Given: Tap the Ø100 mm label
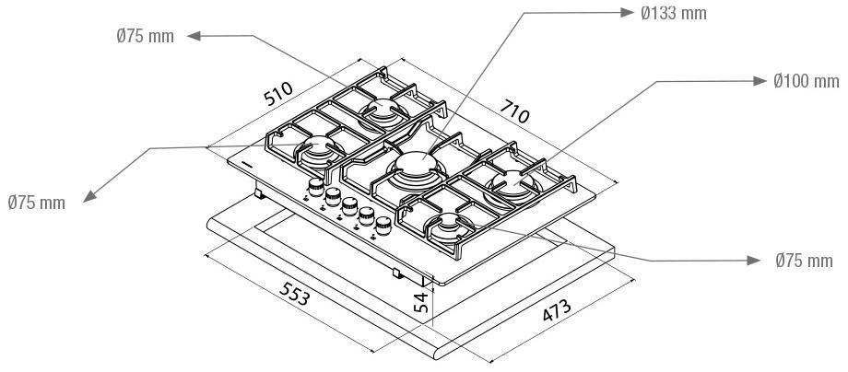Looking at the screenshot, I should pyautogui.click(x=804, y=81).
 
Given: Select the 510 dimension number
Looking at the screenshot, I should pyautogui.click(x=277, y=94).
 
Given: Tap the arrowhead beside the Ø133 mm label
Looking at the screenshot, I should pyautogui.click(x=625, y=13).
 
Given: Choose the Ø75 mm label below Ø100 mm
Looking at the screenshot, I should pyautogui.click(x=804, y=262).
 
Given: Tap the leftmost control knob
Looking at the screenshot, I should pyautogui.click(x=316, y=190).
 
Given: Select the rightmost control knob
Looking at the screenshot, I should pyautogui.click(x=381, y=227).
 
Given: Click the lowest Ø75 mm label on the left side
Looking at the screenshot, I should pyautogui.click(x=37, y=203).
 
